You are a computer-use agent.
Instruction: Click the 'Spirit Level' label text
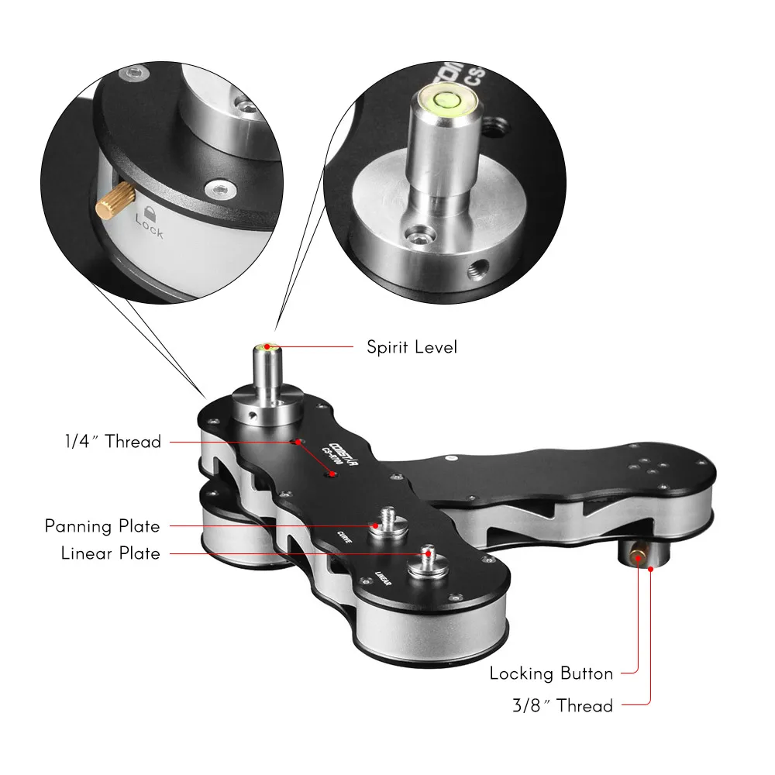(x=412, y=346)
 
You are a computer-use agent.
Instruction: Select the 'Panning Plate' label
(x=102, y=526)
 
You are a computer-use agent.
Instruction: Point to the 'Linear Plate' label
(x=111, y=553)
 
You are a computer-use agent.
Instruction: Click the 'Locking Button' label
(x=551, y=673)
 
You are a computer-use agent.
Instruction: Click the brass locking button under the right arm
(x=638, y=555)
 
